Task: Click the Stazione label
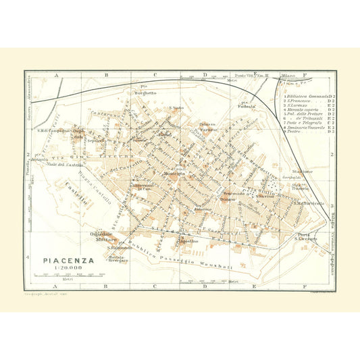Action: pos(303,172)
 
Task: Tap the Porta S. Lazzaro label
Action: pos(306,236)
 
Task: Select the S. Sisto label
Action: pos(176,108)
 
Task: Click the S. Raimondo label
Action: pos(119,249)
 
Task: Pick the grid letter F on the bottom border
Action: pos(305,286)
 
